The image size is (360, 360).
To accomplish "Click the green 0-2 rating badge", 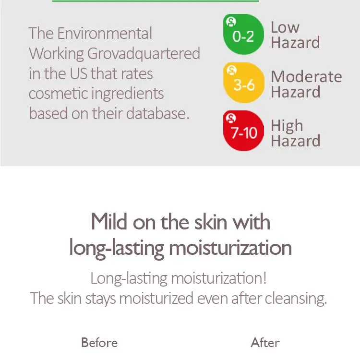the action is pyautogui.click(x=243, y=34).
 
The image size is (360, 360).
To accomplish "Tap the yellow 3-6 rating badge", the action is pyautogui.click(x=243, y=83).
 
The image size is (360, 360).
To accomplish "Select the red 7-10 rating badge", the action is pyautogui.click(x=243, y=131).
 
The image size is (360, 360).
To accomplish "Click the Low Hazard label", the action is pyautogui.click(x=295, y=35).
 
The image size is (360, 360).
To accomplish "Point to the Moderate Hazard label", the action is pyautogui.click(x=306, y=84).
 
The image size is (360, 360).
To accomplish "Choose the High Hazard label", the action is pyautogui.click(x=296, y=133).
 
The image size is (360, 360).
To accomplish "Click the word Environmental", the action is pyautogui.click(x=105, y=33).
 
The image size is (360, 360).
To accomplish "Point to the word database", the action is pyautogui.click(x=157, y=113).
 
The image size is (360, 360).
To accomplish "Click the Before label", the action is pyautogui.click(x=99, y=343).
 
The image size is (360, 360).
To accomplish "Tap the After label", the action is pyautogui.click(x=265, y=343).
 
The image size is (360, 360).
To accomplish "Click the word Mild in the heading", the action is pyautogui.click(x=109, y=222).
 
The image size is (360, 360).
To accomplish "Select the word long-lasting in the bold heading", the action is pyautogui.click(x=117, y=249).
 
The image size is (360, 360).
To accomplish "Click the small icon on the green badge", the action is pyautogui.click(x=231, y=22).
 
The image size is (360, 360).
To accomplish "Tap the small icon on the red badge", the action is pyautogui.click(x=231, y=118).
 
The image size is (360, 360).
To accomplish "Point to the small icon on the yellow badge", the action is pyautogui.click(x=231, y=70).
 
